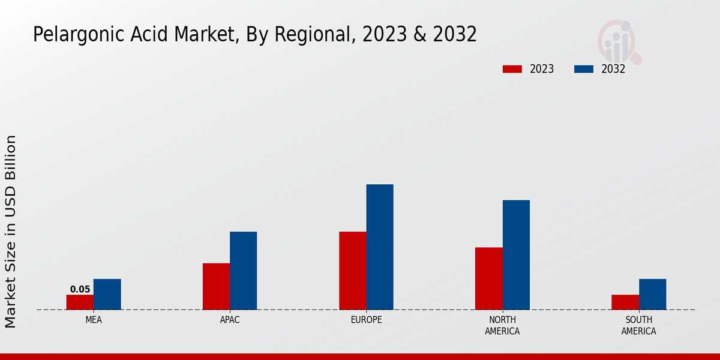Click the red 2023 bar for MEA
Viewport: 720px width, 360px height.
point(80,302)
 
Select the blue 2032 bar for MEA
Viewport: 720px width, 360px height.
point(107,295)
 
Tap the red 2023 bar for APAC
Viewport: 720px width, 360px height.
point(216,287)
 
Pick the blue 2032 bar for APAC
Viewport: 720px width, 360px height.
point(243,271)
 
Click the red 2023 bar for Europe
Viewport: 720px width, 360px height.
point(352,271)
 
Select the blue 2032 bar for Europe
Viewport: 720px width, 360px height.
point(380,247)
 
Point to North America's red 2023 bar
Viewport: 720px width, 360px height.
point(488,278)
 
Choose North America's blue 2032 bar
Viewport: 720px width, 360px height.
point(516,255)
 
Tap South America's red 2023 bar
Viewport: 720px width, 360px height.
point(625,302)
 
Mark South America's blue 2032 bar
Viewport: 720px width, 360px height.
point(652,295)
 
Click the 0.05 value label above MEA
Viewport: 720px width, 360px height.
point(80,289)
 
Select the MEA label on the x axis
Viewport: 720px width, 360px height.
point(94,320)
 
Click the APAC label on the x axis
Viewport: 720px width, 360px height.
point(230,320)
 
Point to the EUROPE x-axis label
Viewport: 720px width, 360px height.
point(366,320)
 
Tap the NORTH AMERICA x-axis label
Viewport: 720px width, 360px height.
point(502,325)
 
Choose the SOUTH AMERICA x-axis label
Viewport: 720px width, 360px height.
point(638,325)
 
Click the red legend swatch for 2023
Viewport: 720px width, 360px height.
point(512,69)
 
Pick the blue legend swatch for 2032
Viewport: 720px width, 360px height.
point(583,69)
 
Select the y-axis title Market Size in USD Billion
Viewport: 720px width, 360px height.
point(11,231)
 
